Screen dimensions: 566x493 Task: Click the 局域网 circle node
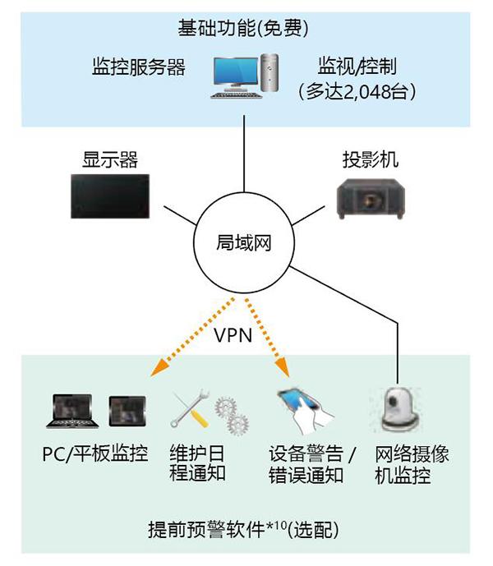244,242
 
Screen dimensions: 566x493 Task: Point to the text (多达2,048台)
357,91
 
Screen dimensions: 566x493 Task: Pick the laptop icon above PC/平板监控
75,410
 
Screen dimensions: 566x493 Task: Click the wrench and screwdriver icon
189,409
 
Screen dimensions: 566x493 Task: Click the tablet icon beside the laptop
128,408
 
